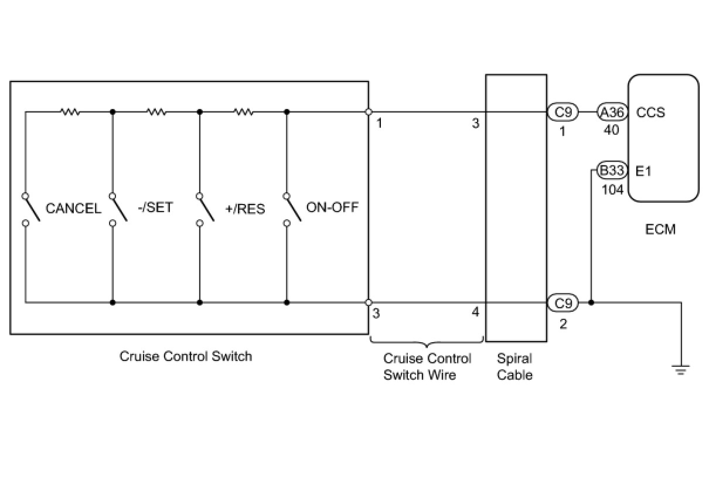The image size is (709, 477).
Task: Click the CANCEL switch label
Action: [x=73, y=209]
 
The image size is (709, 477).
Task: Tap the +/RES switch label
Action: [x=245, y=209]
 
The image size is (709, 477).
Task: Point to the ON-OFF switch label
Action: [x=332, y=207]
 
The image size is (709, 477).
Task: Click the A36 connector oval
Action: [x=612, y=112]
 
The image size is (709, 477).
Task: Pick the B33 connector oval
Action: [x=612, y=172]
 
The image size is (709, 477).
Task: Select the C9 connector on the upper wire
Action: [x=563, y=112]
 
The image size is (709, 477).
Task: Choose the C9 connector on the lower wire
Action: [x=563, y=303]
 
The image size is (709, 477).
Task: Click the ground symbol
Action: [x=681, y=369]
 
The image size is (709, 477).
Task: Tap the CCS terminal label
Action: [x=650, y=112]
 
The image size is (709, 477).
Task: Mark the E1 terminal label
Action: [x=643, y=172]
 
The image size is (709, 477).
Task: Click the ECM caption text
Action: [x=660, y=229]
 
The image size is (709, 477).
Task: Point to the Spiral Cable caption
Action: [x=514, y=366]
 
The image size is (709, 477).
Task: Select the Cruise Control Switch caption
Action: [x=186, y=356]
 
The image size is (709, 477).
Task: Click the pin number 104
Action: [x=612, y=190]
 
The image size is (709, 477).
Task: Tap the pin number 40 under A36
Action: [x=611, y=130]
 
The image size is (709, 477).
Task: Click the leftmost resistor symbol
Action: [x=70, y=111]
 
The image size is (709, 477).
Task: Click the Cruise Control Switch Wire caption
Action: [x=427, y=366]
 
